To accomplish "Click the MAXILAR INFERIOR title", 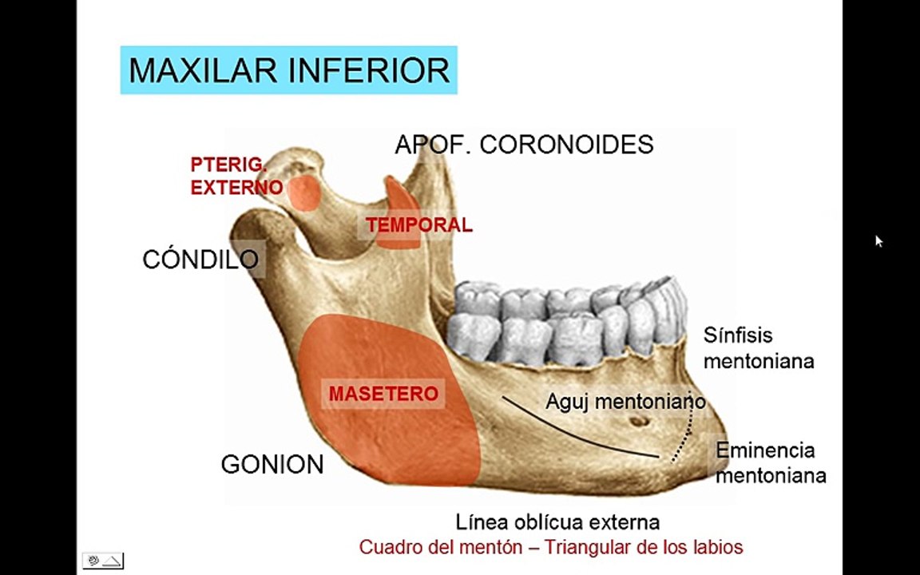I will pos(288,70).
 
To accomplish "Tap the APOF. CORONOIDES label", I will pos(524,145).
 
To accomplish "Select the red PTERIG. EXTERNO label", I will pos(236,176).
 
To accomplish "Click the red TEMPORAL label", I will pos(419,225).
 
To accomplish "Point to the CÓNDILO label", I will pos(200,259).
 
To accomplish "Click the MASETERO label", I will pos(383,394).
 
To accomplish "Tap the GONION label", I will pos(272,465).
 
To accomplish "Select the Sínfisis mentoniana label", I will pos(758,347).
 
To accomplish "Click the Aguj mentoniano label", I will pos(625,401).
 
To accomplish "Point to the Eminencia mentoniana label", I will pos(770,462).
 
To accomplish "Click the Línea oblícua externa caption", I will pos(557,522).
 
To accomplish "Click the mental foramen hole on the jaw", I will pos(636,422).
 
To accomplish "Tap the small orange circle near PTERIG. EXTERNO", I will pos(304,192).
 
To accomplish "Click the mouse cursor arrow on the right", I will pos(878,240).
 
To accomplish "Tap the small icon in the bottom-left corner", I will pos(103,561).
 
